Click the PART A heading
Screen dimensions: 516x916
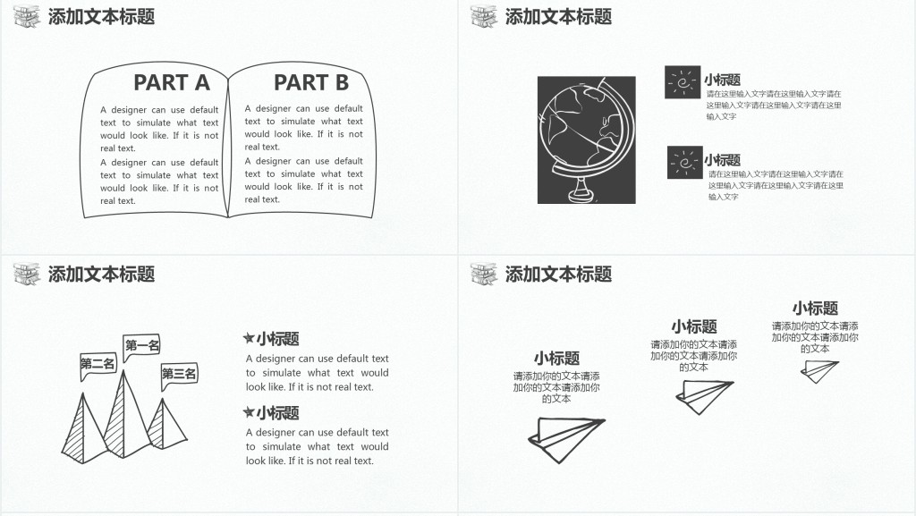[171, 83]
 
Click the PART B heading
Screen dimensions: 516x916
[310, 83]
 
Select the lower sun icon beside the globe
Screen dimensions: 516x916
[684, 163]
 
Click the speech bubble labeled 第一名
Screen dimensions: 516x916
[142, 346]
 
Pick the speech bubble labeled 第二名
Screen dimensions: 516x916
[98, 364]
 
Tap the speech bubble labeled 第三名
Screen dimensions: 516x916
[179, 374]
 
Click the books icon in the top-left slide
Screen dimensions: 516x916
[27, 16]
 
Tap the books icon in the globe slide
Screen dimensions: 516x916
[484, 16]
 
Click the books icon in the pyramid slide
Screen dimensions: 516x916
[27, 274]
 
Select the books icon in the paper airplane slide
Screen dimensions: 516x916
[484, 274]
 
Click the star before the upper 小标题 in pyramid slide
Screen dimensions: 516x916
[249, 339]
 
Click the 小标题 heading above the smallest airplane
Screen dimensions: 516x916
[815, 309]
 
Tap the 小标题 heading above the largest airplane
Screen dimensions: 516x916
[556, 358]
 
